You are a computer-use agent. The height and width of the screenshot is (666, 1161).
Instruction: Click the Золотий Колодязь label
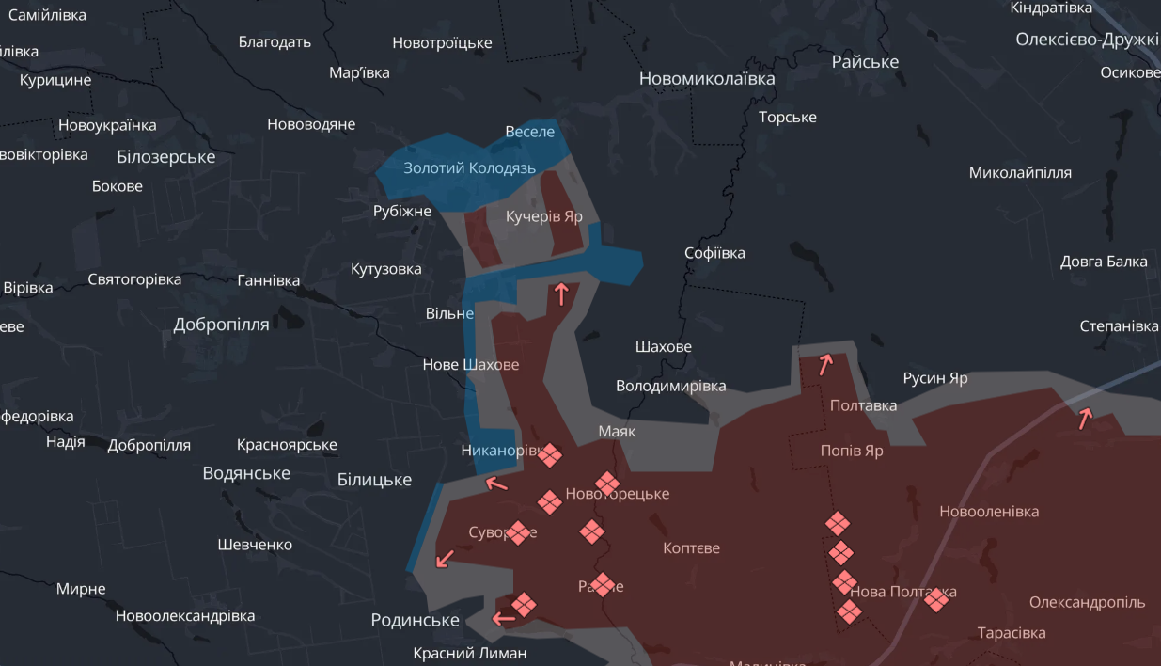(x=469, y=168)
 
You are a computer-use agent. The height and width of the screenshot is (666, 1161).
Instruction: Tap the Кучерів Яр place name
(x=543, y=216)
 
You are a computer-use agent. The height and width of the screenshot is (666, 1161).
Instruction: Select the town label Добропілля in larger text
(x=221, y=325)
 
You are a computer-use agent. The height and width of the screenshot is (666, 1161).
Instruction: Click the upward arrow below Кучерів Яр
(x=561, y=294)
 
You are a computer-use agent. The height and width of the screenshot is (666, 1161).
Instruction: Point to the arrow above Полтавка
(x=825, y=364)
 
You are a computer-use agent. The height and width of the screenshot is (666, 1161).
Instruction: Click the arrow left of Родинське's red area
(x=504, y=618)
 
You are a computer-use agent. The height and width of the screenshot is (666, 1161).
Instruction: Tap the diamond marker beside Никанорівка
(x=550, y=455)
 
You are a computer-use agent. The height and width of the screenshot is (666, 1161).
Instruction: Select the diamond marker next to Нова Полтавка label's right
(x=936, y=598)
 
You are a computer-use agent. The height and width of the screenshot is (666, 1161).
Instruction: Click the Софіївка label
(x=714, y=253)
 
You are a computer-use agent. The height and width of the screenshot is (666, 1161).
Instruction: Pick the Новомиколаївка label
(x=707, y=79)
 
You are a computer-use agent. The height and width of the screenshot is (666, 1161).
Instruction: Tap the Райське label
(x=865, y=62)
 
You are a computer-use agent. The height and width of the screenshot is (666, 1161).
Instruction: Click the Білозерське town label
(x=166, y=157)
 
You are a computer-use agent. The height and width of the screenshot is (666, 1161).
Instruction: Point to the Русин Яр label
(x=934, y=378)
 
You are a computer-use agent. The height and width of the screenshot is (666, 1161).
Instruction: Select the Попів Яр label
(x=852, y=451)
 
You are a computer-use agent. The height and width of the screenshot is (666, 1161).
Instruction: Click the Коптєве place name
(x=691, y=547)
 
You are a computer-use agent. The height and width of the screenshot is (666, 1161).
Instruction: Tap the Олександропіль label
(x=1087, y=602)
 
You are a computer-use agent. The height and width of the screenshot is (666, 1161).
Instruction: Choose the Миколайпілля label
(x=1019, y=173)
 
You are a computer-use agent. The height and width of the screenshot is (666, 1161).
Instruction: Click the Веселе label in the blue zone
(x=529, y=132)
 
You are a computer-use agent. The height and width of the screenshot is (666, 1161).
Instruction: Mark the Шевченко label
(x=255, y=545)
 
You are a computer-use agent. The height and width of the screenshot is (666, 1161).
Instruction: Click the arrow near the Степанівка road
(x=1085, y=418)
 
